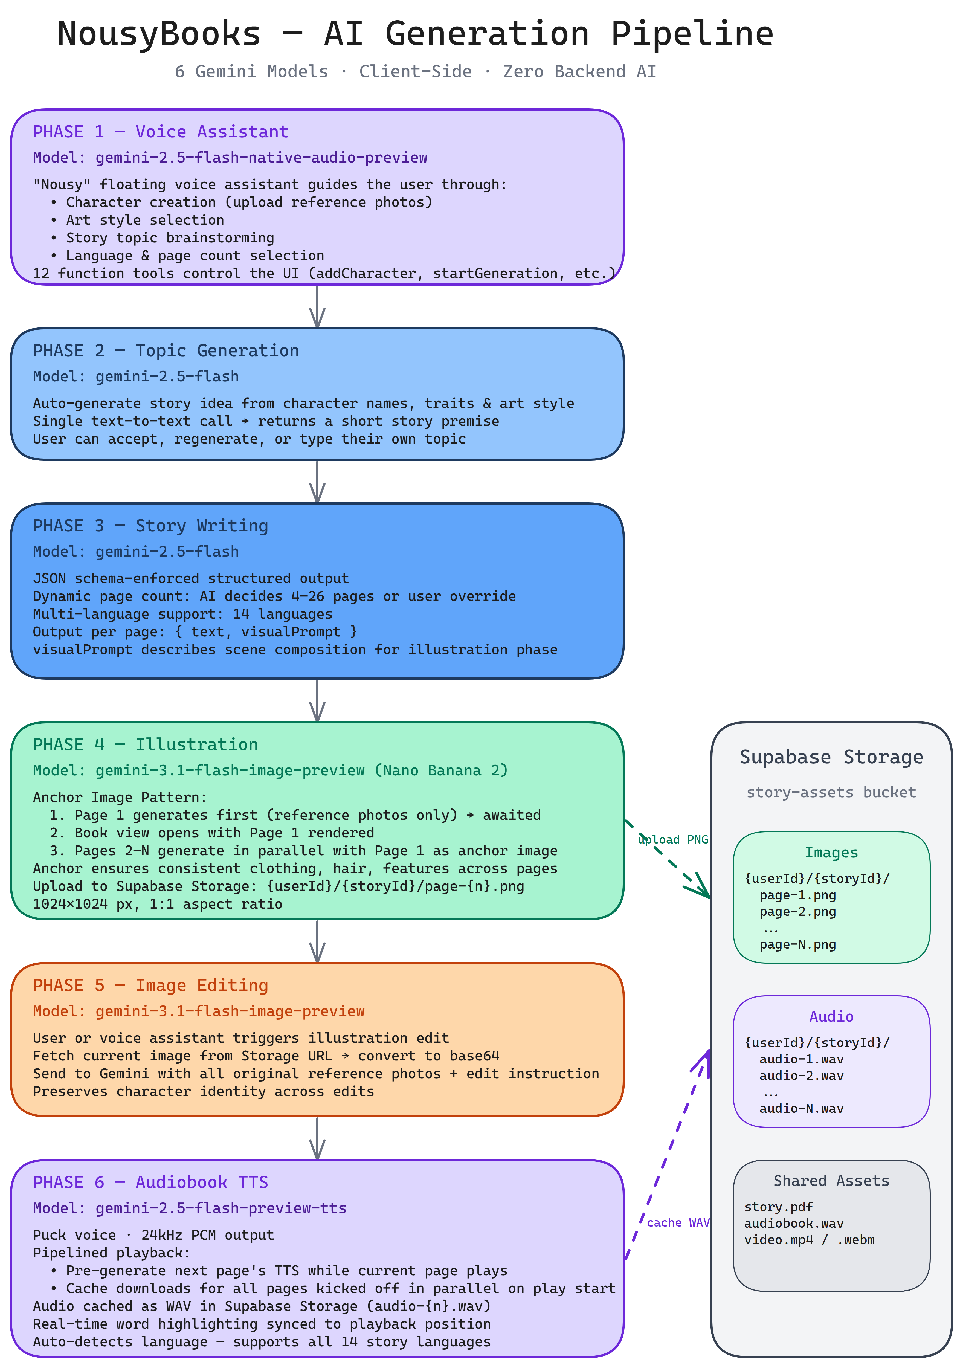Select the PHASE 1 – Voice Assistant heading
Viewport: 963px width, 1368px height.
coord(161,132)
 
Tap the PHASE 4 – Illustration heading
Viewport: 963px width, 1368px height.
coord(145,745)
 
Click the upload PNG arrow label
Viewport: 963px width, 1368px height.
coord(673,839)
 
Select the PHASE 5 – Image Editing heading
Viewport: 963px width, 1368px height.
coord(150,986)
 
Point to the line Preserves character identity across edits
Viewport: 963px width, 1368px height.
coord(203,1092)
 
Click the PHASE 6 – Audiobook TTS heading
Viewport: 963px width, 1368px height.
coord(150,1182)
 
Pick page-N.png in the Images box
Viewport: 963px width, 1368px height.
coord(797,944)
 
